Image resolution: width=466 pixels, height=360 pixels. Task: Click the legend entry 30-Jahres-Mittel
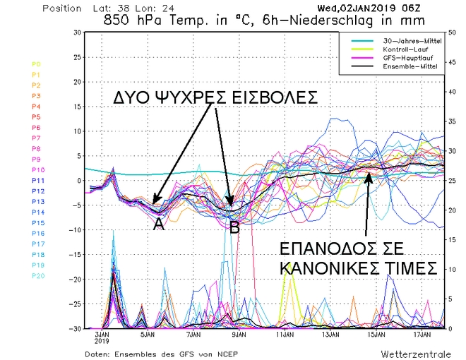pyautogui.click(x=403, y=41)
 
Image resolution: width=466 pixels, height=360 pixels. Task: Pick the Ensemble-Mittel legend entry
pyautogui.click(x=402, y=66)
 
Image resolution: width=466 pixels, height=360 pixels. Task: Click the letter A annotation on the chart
pyautogui.click(x=159, y=224)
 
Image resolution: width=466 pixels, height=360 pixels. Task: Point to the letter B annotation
pyautogui.click(x=235, y=227)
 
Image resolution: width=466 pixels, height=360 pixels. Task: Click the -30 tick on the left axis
pyautogui.click(x=73, y=328)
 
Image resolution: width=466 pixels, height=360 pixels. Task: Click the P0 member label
pyautogui.click(x=16, y=64)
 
